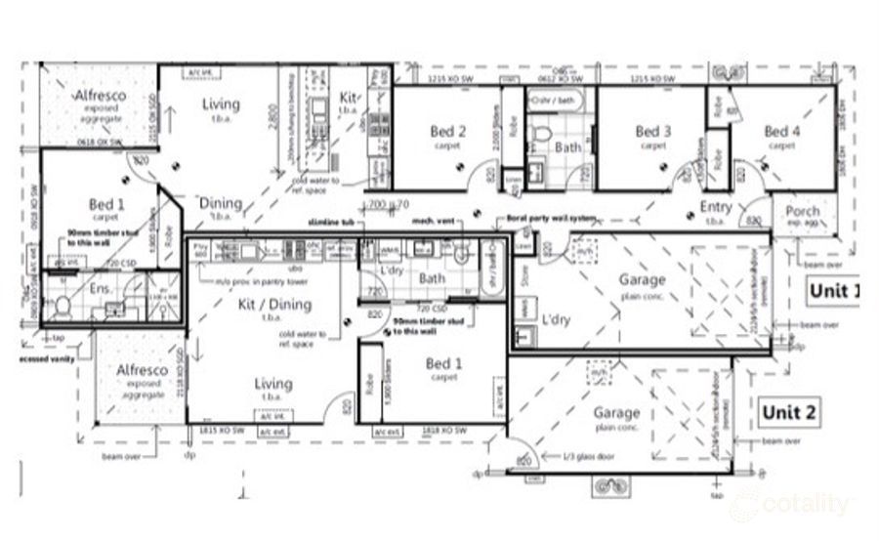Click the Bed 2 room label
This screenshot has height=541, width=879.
click(x=447, y=132)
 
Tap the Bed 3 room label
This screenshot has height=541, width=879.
click(x=652, y=132)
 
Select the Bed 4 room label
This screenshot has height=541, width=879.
click(x=781, y=132)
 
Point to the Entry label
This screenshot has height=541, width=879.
click(x=716, y=207)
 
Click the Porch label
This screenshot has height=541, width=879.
click(x=803, y=212)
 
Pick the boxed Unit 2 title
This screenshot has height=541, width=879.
click(x=789, y=411)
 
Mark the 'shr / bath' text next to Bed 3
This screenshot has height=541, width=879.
click(x=555, y=101)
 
